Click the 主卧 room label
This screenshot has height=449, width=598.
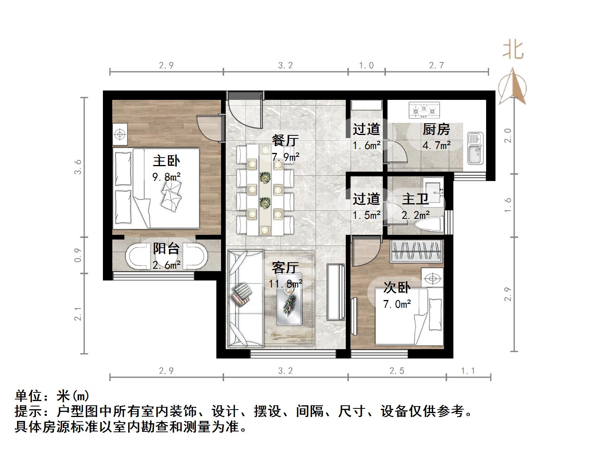[166, 161]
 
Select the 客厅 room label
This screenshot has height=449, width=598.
[285, 268]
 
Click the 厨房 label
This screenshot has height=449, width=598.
[436, 129]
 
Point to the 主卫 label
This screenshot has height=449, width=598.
[416, 199]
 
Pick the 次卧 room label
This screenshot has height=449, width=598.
[397, 288]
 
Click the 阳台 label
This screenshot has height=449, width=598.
[166, 248]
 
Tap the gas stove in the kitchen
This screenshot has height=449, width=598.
[424, 110]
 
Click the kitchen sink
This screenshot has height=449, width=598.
[475, 148]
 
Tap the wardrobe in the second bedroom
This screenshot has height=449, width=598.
[417, 251]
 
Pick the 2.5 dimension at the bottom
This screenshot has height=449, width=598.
[397, 371]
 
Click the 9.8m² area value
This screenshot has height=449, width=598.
[166, 177]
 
